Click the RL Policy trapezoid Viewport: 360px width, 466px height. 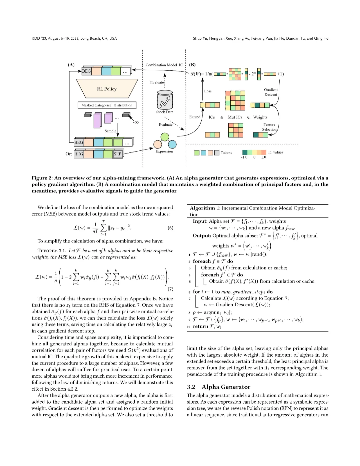click(107, 89)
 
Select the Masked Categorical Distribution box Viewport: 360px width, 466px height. click(107, 105)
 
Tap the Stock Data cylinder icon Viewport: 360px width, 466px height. click(165, 100)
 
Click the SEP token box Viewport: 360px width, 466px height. click(118, 154)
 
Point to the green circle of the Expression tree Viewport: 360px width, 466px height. click(165, 137)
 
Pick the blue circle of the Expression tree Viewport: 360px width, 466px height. click(172, 144)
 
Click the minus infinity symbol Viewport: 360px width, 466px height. click(135, 122)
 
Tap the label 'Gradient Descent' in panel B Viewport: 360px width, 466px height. click(271, 92)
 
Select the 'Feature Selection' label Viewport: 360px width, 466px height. click(269, 127)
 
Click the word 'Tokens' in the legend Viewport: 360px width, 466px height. click(226, 153)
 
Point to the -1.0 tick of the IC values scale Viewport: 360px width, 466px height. click(244, 157)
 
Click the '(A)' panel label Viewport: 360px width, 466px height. click(71, 65)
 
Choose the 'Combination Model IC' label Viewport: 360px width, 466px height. click(164, 65)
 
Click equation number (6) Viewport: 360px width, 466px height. click(170, 228)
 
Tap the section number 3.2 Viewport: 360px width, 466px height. click(191, 387)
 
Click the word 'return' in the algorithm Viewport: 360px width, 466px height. click(200, 326)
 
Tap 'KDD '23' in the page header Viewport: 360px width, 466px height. click(39, 38)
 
